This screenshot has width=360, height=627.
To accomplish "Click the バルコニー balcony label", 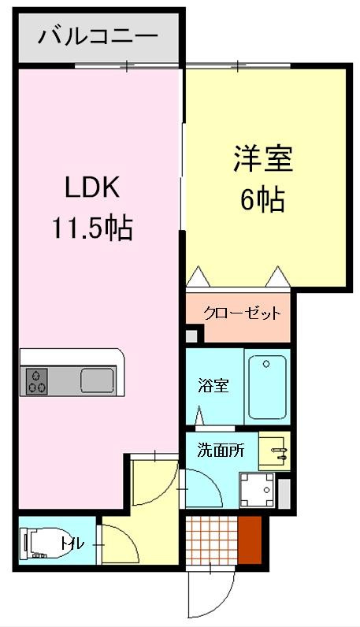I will pyautogui.click(x=98, y=36).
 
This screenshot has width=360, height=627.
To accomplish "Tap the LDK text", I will pyautogui.click(x=91, y=189).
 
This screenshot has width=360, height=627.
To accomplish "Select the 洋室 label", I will pyautogui.click(x=262, y=159).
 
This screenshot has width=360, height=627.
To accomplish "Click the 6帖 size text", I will pyautogui.click(x=262, y=200).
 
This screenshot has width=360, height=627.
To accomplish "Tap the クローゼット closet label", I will pyautogui.click(x=242, y=313).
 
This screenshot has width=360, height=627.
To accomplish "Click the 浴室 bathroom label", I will pyautogui.click(x=213, y=387).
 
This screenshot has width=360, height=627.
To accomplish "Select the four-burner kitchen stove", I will pyautogui.click(x=37, y=380).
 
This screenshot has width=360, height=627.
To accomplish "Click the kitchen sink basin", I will pyautogui.click(x=98, y=380).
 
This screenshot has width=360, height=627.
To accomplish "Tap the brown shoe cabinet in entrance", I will pyautogui.click(x=250, y=540).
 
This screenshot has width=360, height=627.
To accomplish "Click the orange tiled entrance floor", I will pyautogui.click(x=212, y=540).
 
